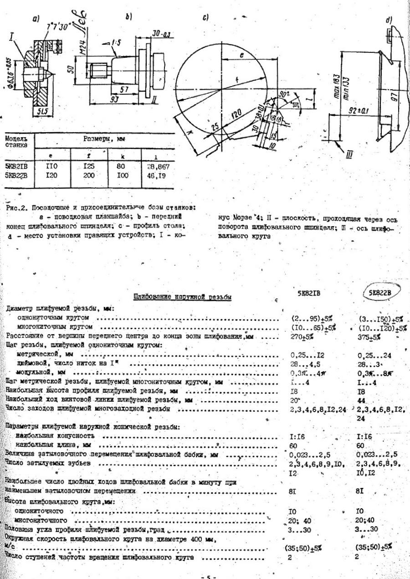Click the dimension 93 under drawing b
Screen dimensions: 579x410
114,99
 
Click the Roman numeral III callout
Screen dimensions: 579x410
349,156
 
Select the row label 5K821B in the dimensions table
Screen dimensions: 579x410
16,167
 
